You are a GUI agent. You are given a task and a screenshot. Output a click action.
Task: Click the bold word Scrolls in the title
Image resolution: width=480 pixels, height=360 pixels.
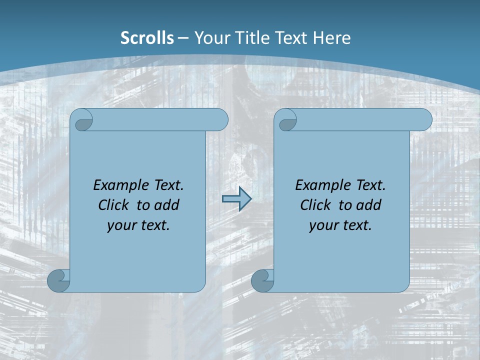tap(147, 38)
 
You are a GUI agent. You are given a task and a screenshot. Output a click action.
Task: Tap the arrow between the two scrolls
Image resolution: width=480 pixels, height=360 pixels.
tap(236, 199)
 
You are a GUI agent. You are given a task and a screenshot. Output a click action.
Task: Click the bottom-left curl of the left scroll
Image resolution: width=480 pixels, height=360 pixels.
tap(58, 280)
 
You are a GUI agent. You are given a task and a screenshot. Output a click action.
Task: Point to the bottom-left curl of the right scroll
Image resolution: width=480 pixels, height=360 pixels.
tap(262, 280)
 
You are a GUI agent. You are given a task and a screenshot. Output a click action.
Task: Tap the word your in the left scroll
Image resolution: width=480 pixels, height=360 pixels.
tap(120, 226)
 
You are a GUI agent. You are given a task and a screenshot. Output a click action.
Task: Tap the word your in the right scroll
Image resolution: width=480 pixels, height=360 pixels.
tap(322, 226)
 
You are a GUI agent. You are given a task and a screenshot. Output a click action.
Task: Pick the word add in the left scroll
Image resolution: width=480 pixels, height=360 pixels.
tap(167, 205)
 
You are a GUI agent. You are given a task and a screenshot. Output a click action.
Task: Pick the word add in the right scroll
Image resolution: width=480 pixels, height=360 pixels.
tap(369, 205)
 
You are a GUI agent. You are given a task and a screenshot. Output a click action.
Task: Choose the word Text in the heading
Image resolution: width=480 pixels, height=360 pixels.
tap(289, 38)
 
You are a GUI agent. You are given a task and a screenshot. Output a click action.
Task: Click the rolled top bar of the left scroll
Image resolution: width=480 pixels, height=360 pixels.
tap(160, 120)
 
